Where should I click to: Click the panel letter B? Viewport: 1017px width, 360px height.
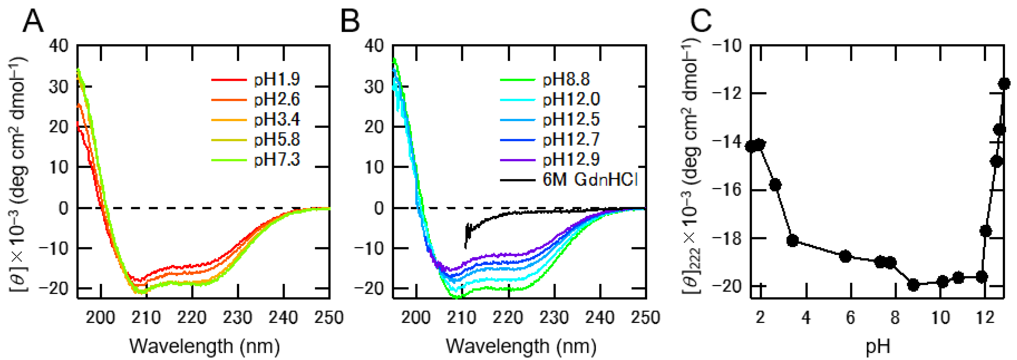[x=350, y=22]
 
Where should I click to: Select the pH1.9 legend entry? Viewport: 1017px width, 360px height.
[x=276, y=79]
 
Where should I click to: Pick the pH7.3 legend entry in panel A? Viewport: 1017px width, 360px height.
[x=276, y=159]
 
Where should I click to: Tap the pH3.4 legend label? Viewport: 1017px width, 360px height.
[x=276, y=119]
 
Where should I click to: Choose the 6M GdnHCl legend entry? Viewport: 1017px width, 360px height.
[x=590, y=180]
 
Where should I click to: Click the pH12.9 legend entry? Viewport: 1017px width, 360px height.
[x=571, y=159]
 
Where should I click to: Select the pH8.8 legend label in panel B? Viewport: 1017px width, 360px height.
[x=566, y=79]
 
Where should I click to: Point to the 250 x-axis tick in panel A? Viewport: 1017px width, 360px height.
[x=329, y=317]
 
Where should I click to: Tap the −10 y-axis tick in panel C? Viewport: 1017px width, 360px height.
[x=726, y=46]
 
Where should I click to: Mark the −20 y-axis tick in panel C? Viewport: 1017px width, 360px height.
[x=726, y=286]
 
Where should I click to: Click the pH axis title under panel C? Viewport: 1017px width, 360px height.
[x=877, y=347]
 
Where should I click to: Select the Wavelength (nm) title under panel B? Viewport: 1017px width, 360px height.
[x=521, y=347]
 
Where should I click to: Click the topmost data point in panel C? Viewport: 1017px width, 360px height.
[x=1004, y=83]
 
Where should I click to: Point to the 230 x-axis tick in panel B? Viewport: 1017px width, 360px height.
[x=554, y=317]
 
